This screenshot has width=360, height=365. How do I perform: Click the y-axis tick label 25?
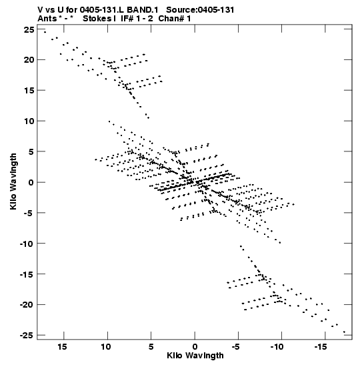pos(29,30)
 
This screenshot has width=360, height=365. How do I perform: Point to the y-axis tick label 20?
pos(29,60)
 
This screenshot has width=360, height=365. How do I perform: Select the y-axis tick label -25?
pos(27,335)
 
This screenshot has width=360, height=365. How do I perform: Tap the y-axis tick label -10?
pos(27,244)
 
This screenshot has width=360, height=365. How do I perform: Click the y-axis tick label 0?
pos(31,182)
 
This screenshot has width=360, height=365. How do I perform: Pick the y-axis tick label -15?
pos(27,274)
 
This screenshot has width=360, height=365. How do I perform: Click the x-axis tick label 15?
pos(62,347)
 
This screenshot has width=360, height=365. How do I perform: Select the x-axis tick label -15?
pos(321,347)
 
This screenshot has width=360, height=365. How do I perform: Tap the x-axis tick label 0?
pos(195,347)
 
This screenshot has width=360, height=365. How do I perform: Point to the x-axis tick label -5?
pos(235,347)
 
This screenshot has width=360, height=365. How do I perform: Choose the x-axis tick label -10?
pos(277,347)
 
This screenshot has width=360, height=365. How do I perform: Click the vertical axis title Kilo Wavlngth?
pos(13,181)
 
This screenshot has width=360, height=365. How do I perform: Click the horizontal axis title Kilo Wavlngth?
pos(195,356)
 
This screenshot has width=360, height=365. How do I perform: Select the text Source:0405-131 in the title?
pos(200,10)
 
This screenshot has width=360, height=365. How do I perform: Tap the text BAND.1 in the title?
pos(143,10)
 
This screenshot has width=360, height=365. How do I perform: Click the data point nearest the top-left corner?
pos(45,32)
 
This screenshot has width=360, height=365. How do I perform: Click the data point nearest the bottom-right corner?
pos(344,332)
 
